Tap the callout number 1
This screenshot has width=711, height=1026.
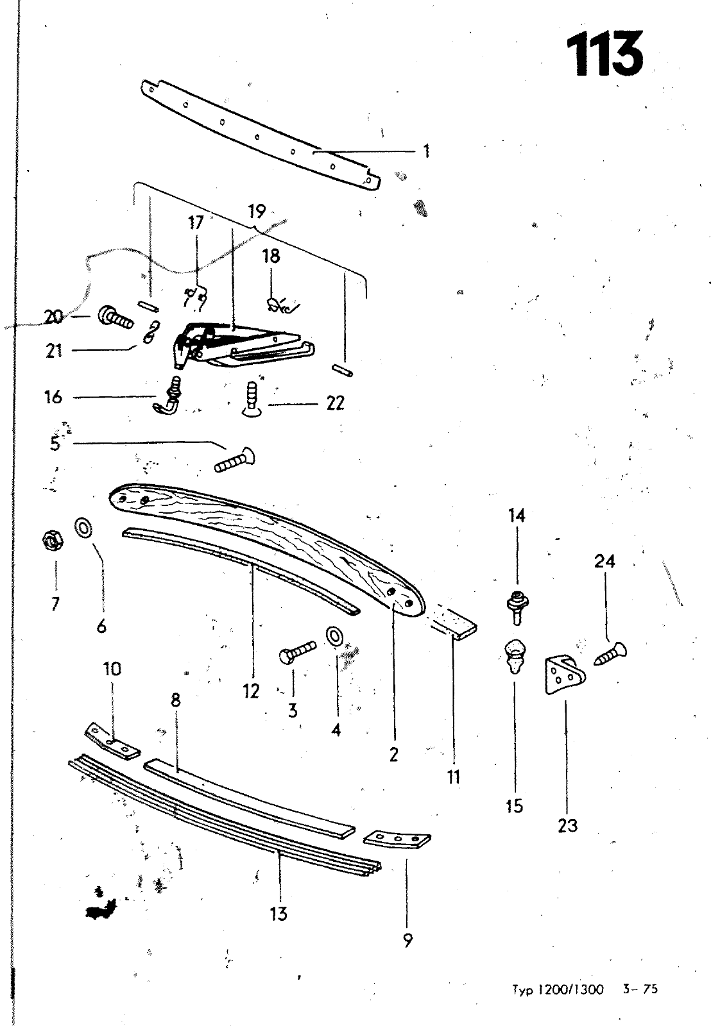426,151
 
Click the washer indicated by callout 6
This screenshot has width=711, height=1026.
83,528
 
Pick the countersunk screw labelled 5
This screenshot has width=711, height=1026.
235,459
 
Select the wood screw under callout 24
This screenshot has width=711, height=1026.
610,653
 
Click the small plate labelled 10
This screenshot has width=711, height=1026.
112,741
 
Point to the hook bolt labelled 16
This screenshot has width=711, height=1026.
167,395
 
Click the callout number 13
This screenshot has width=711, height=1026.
278,913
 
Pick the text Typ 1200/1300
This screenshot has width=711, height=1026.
558,988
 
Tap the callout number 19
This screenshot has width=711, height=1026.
257,212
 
